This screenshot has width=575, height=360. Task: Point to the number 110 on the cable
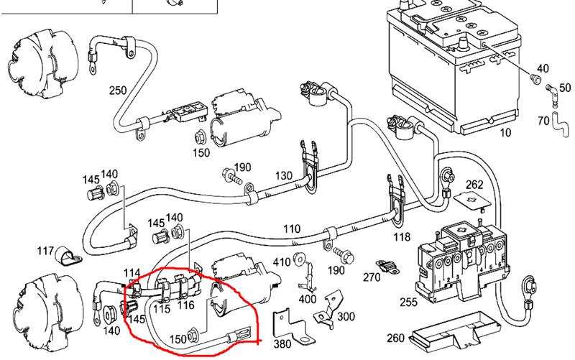(x=291, y=229)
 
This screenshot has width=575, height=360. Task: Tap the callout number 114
(x=132, y=273)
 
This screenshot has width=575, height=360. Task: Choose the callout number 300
(x=346, y=316)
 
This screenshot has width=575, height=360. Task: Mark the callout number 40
(x=542, y=69)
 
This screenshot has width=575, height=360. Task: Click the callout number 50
(x=564, y=87)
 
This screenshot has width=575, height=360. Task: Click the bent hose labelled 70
(x=556, y=124)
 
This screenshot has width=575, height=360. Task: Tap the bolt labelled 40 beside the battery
(x=534, y=78)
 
